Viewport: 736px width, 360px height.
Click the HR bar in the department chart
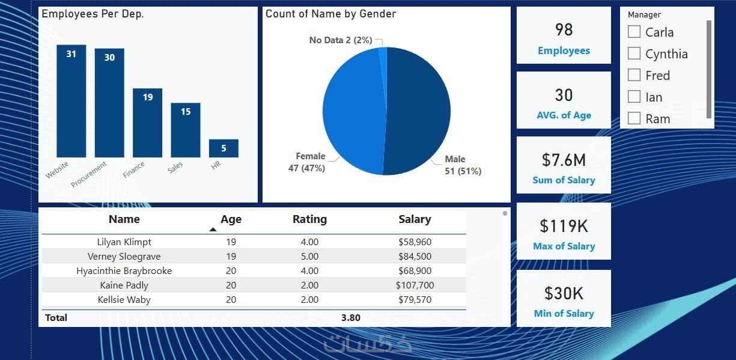224,148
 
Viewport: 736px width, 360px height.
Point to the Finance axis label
134,170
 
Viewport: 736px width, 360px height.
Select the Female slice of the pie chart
351,111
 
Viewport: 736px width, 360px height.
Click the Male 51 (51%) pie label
463,165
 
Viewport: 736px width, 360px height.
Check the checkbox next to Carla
634,32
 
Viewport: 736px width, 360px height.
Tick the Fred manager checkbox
634,75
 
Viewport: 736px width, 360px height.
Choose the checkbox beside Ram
634,118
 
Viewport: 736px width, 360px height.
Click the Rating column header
309,219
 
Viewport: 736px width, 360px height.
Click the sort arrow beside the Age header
213,229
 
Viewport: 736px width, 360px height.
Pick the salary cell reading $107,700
415,285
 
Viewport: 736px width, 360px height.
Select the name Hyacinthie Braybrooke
124,271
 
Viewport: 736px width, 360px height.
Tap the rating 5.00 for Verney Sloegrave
309,257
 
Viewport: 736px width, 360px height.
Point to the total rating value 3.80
351,317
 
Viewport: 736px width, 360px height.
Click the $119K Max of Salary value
564,226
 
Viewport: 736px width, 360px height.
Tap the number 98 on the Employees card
564,29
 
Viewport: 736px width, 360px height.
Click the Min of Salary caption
564,313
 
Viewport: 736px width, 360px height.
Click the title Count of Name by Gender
331,14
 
